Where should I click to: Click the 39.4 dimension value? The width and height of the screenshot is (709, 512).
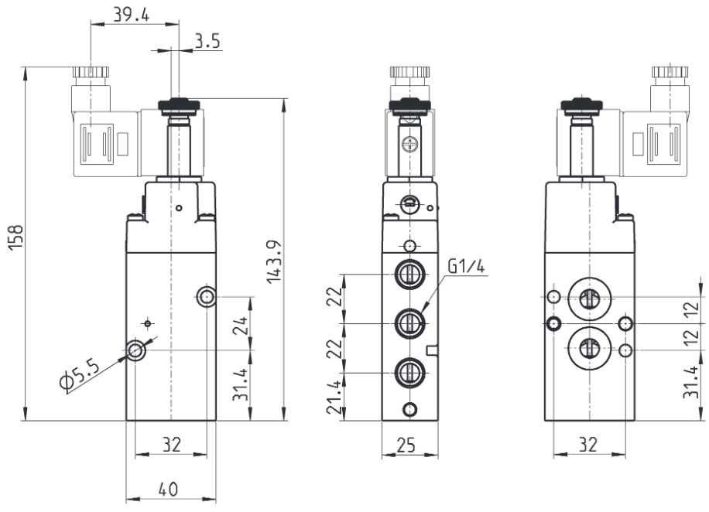131,15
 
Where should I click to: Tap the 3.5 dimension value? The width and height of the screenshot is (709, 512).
207,41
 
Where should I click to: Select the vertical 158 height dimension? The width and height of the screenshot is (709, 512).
15,237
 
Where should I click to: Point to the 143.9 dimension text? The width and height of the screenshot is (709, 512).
274,261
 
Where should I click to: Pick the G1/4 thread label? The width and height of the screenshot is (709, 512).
466,266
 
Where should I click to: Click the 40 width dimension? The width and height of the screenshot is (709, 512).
168,489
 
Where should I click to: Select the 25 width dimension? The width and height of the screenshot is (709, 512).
406,445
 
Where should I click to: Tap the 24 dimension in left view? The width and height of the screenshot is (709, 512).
240,326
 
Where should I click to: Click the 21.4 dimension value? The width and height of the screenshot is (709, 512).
334,398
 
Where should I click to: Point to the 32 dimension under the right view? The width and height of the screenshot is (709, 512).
588,445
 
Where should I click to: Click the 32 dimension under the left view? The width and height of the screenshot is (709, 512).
171,445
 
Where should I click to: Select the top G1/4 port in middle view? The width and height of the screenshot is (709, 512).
409,274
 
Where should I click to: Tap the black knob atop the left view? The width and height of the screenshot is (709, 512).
179,106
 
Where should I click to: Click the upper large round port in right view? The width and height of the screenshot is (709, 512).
589,298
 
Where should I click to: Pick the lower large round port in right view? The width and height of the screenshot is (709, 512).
589,347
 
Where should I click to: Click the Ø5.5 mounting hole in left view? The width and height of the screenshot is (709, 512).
135,350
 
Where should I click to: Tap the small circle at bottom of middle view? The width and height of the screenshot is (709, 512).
409,409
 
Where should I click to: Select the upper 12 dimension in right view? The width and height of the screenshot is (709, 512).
691,310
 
